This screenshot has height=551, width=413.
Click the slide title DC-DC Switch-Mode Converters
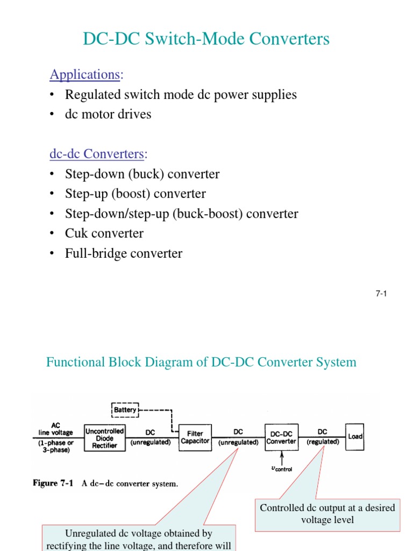[206, 39]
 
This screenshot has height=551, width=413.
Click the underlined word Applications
[84, 74]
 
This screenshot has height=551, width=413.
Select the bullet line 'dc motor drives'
[108, 114]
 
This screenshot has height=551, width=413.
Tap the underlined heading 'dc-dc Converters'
[97, 154]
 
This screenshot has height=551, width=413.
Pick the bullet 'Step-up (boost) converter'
[135, 194]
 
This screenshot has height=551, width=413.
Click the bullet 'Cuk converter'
[104, 234]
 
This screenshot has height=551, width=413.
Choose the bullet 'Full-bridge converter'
[124, 253]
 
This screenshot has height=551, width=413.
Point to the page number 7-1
[381, 293]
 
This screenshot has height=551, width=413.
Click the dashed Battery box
[125, 410]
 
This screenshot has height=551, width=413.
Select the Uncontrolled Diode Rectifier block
[105, 438]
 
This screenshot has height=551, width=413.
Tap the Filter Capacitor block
[195, 437]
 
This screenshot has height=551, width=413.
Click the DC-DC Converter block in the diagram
[281, 437]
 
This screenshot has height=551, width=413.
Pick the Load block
[355, 436]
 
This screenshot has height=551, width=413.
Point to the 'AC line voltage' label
[55, 428]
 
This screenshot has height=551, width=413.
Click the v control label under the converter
[281, 468]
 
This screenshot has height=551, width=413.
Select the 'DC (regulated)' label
[323, 437]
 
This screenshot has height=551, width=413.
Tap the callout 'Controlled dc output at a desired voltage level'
[327, 514]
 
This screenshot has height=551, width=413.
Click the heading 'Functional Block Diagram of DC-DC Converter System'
[201, 362]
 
